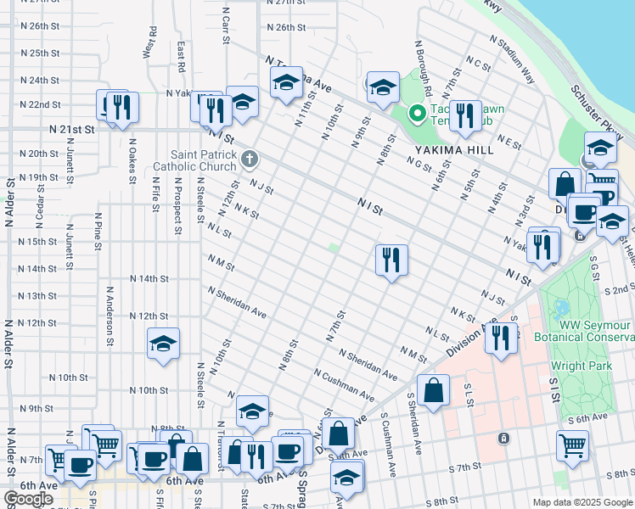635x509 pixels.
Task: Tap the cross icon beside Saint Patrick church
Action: click(249, 158)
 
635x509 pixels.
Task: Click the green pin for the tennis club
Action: click(417, 112)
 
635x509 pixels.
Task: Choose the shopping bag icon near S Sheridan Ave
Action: click(433, 391)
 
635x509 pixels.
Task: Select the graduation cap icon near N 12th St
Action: click(164, 344)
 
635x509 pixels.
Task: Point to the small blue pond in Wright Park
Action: click(561, 306)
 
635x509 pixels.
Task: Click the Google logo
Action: click(29, 499)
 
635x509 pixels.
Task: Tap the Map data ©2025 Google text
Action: click(582, 502)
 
